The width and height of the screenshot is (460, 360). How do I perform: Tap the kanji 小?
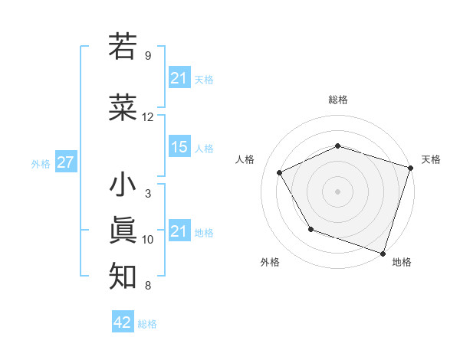tap(123, 186)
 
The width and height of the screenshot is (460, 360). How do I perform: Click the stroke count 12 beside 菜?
tap(147, 117)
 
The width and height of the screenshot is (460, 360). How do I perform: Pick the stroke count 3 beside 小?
tap(147, 194)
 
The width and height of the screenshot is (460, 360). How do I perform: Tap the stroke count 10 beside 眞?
tap(147, 240)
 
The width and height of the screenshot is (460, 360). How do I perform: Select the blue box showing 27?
tap(65, 162)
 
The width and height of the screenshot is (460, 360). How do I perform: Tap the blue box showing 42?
tap(122, 322)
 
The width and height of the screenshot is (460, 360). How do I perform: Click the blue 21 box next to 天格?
tap(179, 77)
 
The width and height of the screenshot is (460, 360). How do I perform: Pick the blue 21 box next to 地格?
tap(179, 231)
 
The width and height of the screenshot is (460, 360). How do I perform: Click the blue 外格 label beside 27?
tap(41, 163)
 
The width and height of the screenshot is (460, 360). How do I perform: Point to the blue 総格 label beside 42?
tap(147, 324)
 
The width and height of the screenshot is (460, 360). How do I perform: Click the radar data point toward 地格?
tap(383, 253)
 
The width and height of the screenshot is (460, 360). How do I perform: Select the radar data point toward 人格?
tap(280, 173)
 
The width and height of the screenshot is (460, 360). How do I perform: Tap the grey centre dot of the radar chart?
tap(338, 191)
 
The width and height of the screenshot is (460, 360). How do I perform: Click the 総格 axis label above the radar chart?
tap(338, 100)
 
